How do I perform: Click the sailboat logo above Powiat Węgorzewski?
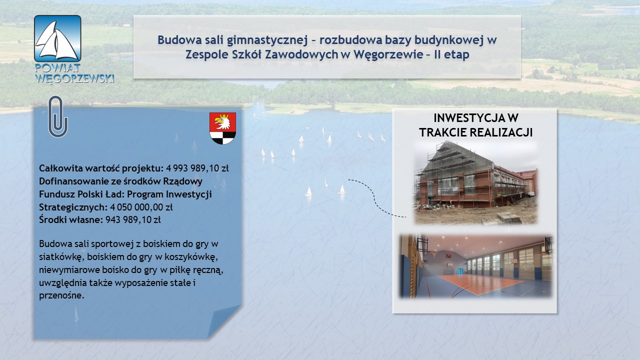(x=57, y=38)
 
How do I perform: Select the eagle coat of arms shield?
(x=222, y=128)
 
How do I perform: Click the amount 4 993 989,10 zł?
(x=197, y=168)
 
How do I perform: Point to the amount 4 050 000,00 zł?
(x=141, y=207)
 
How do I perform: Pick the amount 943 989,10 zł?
(x=133, y=219)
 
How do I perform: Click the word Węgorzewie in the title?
(x=388, y=55)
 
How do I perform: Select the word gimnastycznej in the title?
(x=267, y=40)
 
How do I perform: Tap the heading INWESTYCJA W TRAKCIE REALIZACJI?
(x=475, y=125)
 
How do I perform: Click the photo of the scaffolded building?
(x=475, y=182)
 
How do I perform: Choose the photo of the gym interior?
(x=475, y=266)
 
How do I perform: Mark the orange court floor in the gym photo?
(x=480, y=283)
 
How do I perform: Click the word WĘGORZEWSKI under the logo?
(x=74, y=78)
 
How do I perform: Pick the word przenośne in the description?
(x=61, y=295)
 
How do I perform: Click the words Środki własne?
(x=71, y=219)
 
